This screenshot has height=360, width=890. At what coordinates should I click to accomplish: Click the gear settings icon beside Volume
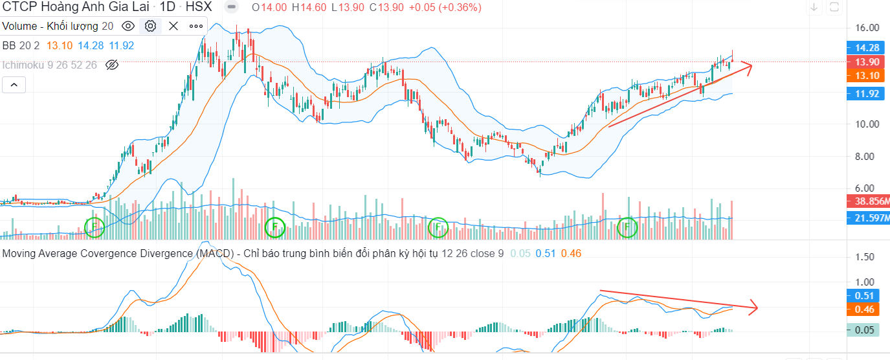click(x=151, y=27)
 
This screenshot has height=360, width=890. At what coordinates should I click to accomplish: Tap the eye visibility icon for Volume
click(x=128, y=27)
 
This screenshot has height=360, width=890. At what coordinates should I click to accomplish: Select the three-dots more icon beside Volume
click(x=196, y=27)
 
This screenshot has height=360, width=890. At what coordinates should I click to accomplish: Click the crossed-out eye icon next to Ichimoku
click(x=112, y=65)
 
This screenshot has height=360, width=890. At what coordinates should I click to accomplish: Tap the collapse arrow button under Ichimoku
click(x=14, y=85)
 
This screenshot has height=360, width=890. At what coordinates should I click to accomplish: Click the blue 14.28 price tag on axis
click(x=866, y=48)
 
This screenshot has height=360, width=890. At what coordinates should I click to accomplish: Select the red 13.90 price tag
click(x=866, y=62)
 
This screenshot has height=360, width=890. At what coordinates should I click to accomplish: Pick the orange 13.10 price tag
click(x=866, y=75)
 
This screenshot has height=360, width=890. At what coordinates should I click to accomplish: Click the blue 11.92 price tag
click(x=866, y=94)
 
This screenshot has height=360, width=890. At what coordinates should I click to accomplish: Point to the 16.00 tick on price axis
click(x=866, y=28)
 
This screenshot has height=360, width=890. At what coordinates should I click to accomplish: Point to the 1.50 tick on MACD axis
click(x=865, y=257)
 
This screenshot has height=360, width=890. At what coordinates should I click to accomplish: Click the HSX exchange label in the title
click(x=199, y=8)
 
